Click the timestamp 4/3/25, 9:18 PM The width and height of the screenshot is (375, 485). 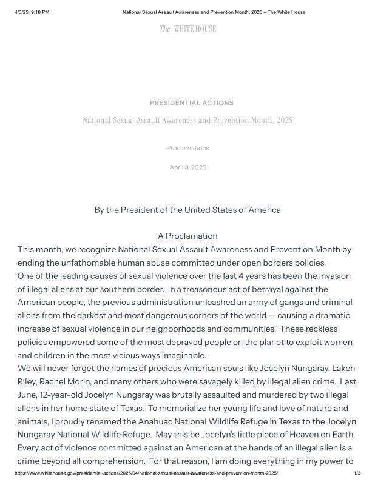pos(32,12)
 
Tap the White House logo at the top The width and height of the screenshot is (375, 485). pos(187,29)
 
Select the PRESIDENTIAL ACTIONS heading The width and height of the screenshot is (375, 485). pos(192,103)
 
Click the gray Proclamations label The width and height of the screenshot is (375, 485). pos(187,148)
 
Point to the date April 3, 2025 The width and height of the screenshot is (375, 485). pos(187,167)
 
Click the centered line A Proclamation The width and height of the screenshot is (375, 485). pos(187,236)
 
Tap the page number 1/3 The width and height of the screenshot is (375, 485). pos(357,473)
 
